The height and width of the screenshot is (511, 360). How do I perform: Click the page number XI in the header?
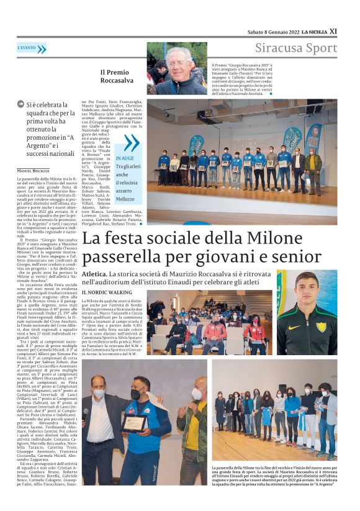[x=333, y=31]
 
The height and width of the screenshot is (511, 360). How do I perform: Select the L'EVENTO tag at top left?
[x=27, y=48]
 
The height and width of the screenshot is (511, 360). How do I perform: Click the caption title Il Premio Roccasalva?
[x=117, y=75]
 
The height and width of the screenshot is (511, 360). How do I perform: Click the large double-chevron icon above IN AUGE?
[x=130, y=143]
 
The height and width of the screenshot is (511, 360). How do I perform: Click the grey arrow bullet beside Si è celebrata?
[x=20, y=104]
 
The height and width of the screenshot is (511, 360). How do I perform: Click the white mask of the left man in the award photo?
[x=98, y=393]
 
